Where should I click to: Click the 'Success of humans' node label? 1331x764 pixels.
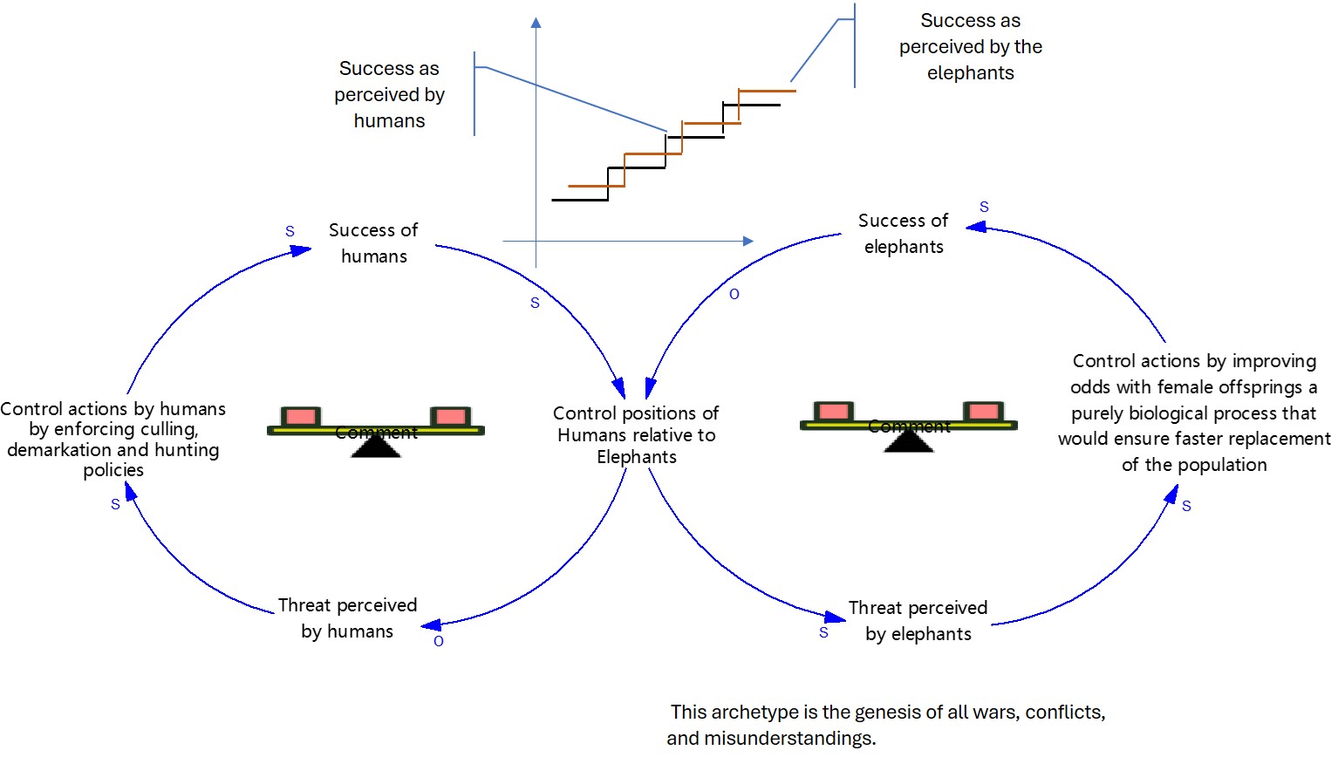click(373, 243)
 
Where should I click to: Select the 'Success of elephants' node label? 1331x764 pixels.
click(904, 234)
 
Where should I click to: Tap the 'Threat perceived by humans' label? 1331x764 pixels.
click(347, 618)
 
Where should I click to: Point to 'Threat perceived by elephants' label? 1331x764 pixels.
click(918, 621)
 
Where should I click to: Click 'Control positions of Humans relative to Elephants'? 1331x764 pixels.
click(637, 434)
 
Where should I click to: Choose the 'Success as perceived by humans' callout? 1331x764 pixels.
click(389, 94)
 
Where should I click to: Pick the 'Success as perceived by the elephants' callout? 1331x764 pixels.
click(971, 46)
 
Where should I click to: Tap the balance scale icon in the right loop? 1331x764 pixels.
click(909, 425)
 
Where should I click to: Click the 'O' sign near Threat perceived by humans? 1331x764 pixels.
click(439, 641)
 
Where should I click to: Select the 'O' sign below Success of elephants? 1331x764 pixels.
click(734, 295)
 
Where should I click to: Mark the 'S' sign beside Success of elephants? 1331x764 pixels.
click(984, 208)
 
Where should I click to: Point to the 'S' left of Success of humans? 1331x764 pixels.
click(290, 232)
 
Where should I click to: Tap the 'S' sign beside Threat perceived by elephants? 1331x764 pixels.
click(823, 633)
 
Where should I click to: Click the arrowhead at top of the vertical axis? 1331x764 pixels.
click(536, 23)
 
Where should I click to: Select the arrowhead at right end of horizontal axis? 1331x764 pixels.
click(747, 241)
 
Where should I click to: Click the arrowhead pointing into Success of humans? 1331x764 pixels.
click(302, 250)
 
